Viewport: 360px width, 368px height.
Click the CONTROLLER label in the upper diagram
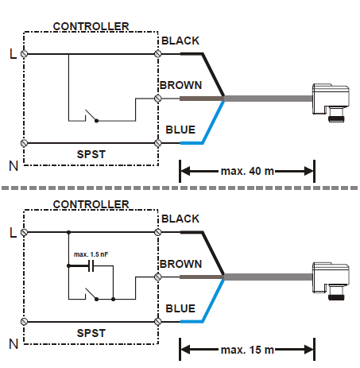pyautogui.click(x=91, y=26)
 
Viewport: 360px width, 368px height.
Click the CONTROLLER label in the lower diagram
pyautogui.click(x=91, y=205)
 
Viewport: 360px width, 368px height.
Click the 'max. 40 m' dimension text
pyautogui.click(x=247, y=170)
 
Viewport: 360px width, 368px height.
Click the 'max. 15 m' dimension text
pyautogui.click(x=247, y=349)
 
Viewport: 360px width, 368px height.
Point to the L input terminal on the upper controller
pyautogui.click(x=25, y=54)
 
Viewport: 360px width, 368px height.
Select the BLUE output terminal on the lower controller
pyautogui.click(x=158, y=322)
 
